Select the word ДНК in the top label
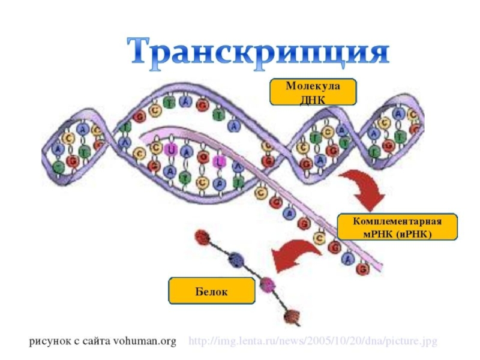pos(312,99)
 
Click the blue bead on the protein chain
pos(236,260)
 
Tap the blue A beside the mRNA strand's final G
pos(347,259)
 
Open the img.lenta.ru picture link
pos(313,341)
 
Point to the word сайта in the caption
pos(100,341)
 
